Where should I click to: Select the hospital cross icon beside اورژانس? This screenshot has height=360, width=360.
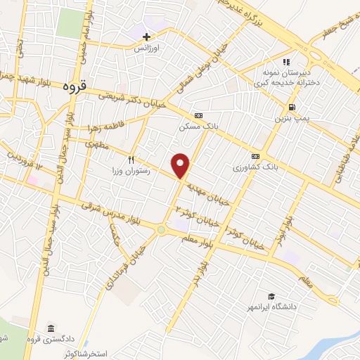tap(147, 37)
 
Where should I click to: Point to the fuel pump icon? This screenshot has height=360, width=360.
tap(290, 108)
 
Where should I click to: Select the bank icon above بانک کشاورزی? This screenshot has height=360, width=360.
tap(255, 156)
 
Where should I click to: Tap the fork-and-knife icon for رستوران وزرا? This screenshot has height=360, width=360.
tap(131, 160)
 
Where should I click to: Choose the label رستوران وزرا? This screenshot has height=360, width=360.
tap(131, 171)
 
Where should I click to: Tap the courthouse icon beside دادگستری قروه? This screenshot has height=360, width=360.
tap(51, 329)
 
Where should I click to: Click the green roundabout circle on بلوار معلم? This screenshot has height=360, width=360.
tap(161, 229)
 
